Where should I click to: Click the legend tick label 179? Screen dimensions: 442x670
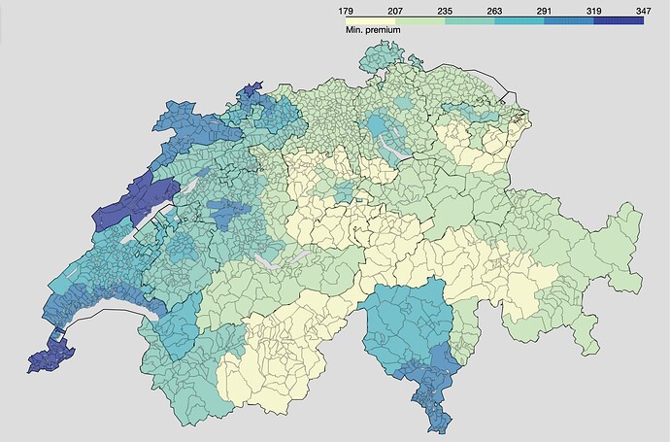[345, 9]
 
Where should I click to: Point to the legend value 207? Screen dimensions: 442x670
[395, 9]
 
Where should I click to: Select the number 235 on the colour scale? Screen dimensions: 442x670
[445, 9]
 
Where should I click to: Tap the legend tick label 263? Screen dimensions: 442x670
[494, 9]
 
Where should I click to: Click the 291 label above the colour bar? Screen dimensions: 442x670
[544, 9]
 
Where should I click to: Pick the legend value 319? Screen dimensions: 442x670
[594, 9]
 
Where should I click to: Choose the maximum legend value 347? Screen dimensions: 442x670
[643, 9]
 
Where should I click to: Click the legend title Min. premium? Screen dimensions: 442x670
[373, 30]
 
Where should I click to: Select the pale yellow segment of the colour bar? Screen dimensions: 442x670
[370, 19]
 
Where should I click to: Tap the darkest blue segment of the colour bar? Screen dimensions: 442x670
[619, 19]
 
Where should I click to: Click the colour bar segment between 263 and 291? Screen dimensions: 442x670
[519, 19]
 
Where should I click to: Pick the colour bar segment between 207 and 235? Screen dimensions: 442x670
[419, 19]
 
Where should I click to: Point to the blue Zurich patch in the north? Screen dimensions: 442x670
[379, 126]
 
